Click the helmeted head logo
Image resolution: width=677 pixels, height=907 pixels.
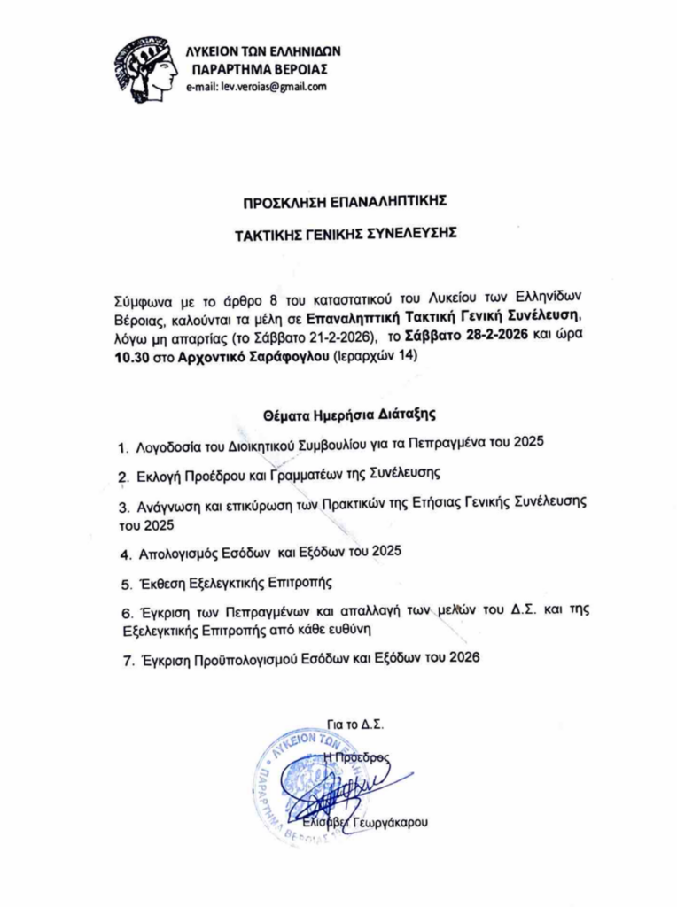(x=145, y=68)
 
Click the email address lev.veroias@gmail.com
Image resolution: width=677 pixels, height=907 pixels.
(x=256, y=87)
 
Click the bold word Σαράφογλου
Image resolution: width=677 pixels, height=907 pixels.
(x=284, y=356)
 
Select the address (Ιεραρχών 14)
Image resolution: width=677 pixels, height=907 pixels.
(x=373, y=356)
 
